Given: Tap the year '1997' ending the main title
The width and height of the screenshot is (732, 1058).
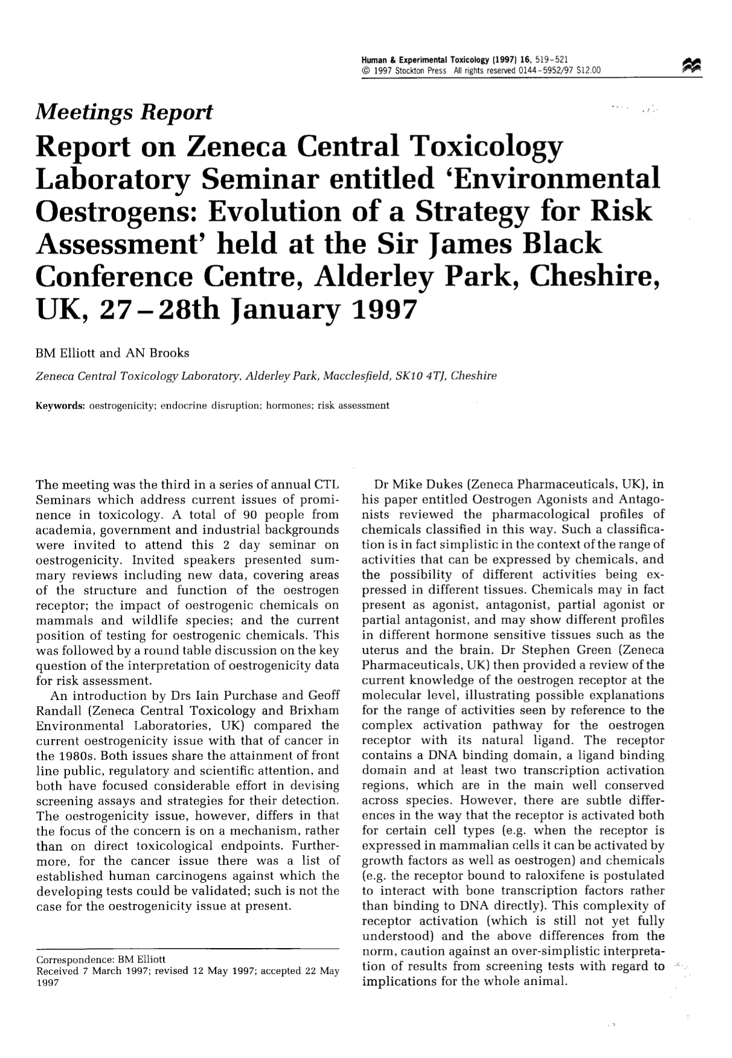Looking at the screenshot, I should tap(384, 309).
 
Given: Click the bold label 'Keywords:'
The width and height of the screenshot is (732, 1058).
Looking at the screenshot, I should tap(61, 405).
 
